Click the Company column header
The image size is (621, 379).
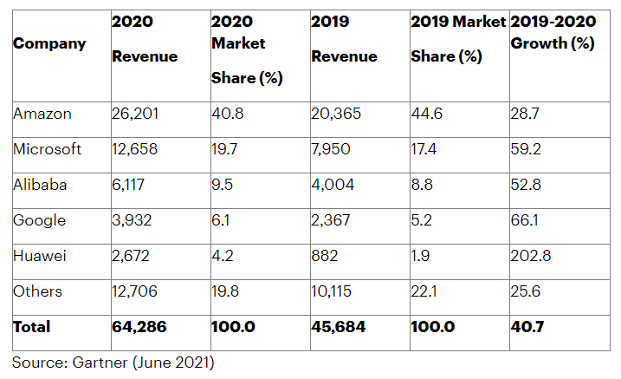(49, 43)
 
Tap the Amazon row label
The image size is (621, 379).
(42, 114)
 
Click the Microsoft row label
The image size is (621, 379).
(48, 149)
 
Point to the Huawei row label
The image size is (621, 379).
(40, 256)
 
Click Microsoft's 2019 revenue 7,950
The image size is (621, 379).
(332, 149)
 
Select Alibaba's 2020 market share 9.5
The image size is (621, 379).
(223, 185)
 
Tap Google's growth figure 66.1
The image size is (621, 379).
(525, 220)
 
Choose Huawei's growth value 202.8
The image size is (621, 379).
(531, 256)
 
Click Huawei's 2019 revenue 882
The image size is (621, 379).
(325, 256)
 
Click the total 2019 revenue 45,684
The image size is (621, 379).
(340, 327)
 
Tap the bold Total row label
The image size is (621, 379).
(32, 327)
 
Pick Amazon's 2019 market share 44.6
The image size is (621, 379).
(425, 114)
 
